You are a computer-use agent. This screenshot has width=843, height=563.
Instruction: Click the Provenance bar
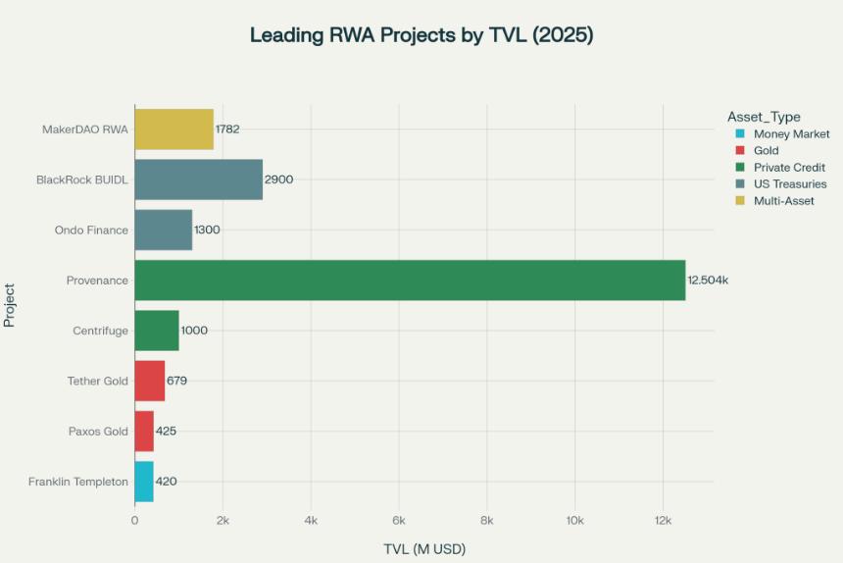(x=410, y=281)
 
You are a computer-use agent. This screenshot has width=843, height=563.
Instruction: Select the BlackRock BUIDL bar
(x=198, y=179)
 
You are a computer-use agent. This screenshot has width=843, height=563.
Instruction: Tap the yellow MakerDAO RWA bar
(x=174, y=129)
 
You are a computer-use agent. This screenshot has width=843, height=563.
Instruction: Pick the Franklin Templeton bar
(x=144, y=482)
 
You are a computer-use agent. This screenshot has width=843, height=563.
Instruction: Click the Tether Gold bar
(x=149, y=381)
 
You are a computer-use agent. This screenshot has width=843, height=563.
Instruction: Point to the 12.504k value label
(x=708, y=281)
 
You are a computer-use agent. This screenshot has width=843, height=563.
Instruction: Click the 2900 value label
(x=278, y=179)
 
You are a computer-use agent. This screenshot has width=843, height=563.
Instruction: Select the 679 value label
(x=176, y=381)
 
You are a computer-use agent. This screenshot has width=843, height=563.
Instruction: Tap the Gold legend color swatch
(x=739, y=151)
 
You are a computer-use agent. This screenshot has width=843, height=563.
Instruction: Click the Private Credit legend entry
(x=789, y=168)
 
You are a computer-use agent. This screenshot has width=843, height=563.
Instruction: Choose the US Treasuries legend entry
(x=789, y=184)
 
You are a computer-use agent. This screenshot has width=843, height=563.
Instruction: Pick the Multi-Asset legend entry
(x=783, y=201)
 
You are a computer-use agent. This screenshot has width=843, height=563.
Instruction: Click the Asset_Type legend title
(x=764, y=118)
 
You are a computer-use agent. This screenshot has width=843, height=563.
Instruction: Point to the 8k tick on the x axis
(x=486, y=520)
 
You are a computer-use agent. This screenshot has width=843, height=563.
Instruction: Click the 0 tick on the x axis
(x=134, y=520)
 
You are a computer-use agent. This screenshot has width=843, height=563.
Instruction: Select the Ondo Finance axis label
(x=91, y=230)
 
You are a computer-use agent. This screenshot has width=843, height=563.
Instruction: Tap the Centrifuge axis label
(x=100, y=331)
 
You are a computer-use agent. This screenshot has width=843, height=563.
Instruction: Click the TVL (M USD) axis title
(x=423, y=548)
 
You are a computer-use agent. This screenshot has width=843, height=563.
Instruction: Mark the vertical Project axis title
(x=10, y=305)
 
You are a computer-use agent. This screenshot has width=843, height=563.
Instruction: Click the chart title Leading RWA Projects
(x=421, y=35)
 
